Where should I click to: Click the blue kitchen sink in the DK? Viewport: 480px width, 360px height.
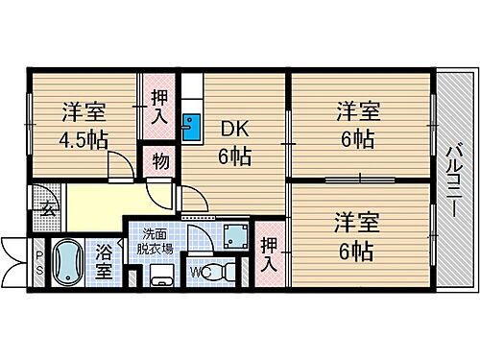coord(190,126)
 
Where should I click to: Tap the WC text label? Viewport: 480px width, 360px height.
coord(198,272)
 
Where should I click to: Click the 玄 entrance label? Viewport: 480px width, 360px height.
coord(45,208)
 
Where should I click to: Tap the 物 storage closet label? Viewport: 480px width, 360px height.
coord(159,161)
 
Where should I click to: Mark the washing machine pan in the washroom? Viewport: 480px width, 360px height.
coord(234,232)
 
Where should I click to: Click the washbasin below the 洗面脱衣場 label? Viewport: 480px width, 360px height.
coord(160,279)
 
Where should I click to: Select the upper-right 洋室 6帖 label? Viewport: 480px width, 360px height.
coord(356,123)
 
